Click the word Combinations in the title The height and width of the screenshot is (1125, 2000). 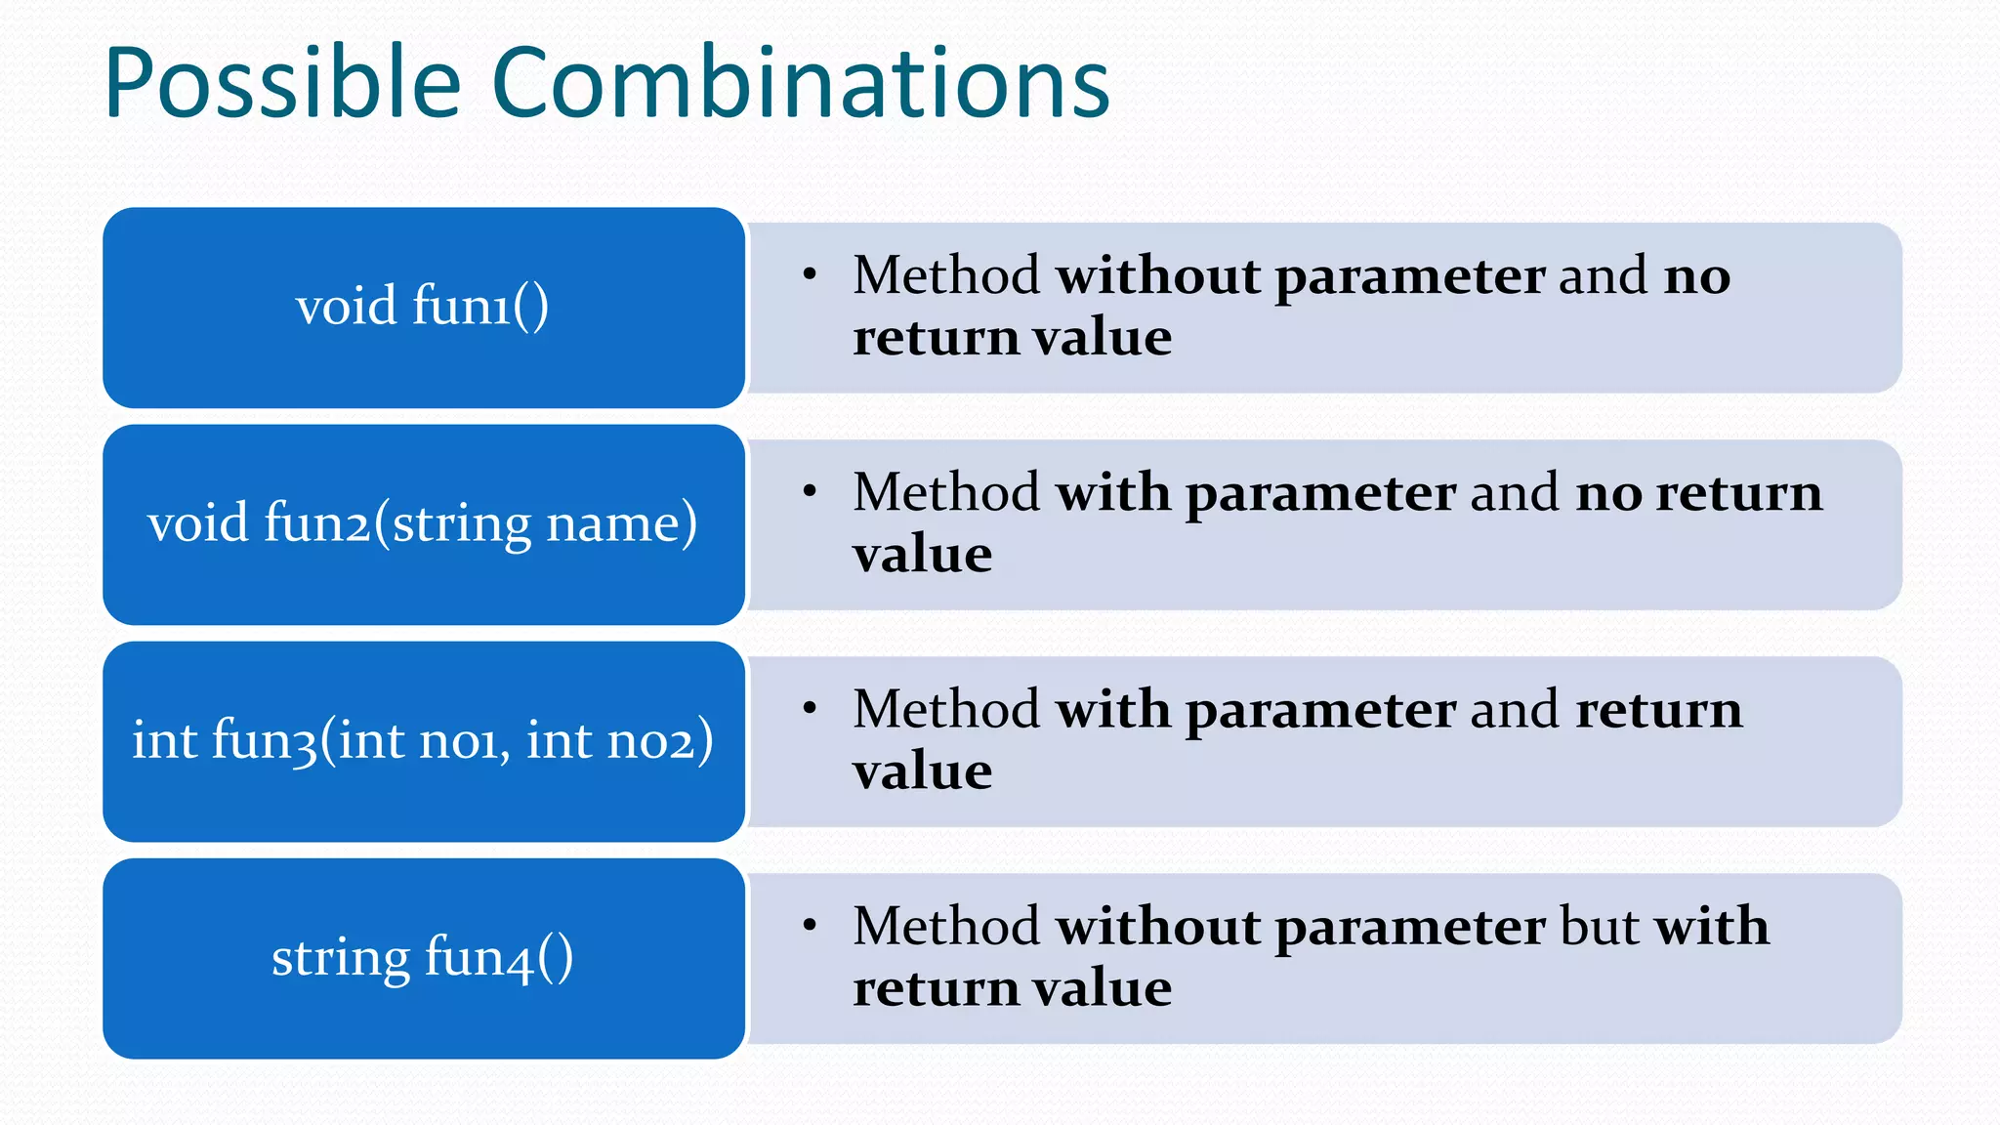tap(801, 84)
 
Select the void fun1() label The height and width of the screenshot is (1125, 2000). tap(422, 306)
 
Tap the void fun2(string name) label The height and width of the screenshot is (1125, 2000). tap(422, 523)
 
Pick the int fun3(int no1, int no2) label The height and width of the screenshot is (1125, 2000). tap(422, 740)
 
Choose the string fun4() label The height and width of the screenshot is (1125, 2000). tap(422, 957)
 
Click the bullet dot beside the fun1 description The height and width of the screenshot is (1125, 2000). tap(810, 274)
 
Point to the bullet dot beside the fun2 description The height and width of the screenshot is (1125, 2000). tap(810, 491)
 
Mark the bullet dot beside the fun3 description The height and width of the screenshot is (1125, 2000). tap(810, 708)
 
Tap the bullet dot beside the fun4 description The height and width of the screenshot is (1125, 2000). tap(810, 925)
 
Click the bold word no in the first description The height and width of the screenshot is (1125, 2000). tap(1697, 276)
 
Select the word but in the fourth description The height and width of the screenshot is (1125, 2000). tap(1599, 927)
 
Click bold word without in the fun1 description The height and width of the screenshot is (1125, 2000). tap(1158, 276)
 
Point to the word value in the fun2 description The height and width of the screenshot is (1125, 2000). tap(922, 556)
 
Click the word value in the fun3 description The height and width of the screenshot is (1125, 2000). tap(922, 772)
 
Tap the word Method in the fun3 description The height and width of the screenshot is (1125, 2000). tap(945, 710)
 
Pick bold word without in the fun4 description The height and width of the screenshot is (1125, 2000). tap(1158, 927)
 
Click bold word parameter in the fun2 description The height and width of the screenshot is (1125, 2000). tap(1320, 493)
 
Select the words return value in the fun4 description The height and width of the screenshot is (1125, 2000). tap(1012, 988)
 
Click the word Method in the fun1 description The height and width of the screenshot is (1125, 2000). tap(945, 276)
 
